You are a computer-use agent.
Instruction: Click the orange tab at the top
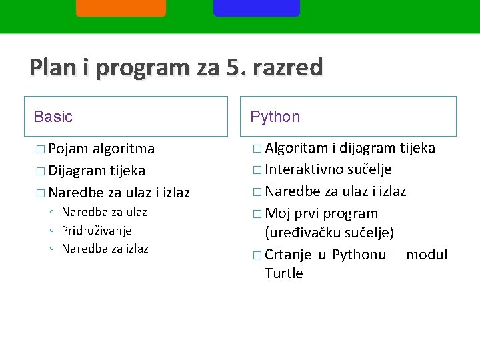121,7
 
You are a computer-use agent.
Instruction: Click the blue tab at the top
257,7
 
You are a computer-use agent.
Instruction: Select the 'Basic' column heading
53,117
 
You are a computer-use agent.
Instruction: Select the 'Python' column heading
275,117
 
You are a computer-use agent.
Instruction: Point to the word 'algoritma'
124,148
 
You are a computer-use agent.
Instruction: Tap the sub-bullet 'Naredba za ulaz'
104,212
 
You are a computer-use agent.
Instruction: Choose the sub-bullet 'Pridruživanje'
97,230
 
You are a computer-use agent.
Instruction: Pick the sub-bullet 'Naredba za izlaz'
105,249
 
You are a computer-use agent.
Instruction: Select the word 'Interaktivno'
304,169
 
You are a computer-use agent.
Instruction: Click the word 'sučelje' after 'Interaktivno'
369,169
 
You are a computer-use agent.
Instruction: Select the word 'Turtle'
283,273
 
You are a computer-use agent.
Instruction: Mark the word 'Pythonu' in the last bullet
359,255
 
